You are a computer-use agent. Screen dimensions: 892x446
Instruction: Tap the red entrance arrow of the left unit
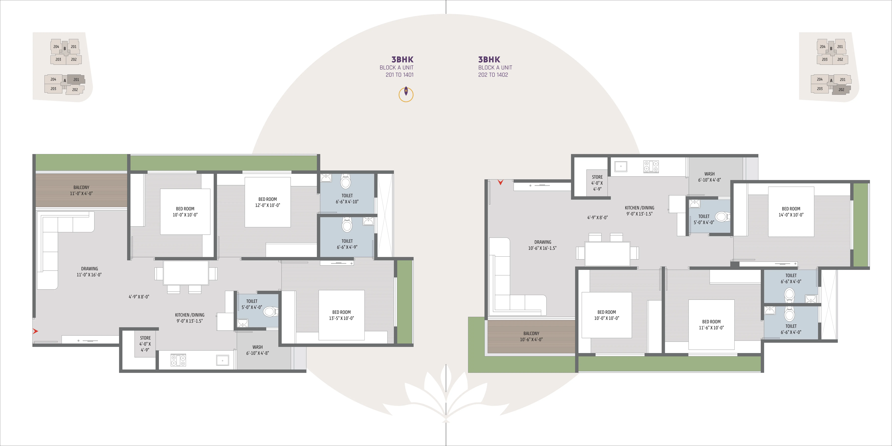[x=35, y=331]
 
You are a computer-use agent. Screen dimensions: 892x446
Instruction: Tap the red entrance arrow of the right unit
[x=500, y=182]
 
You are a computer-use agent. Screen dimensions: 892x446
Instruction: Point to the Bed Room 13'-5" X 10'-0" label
[x=341, y=315]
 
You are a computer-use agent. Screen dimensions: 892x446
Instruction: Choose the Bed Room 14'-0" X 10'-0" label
[x=791, y=212]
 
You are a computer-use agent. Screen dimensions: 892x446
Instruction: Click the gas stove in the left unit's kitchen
[x=178, y=360]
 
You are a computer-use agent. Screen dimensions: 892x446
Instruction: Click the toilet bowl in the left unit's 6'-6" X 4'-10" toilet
[x=346, y=181]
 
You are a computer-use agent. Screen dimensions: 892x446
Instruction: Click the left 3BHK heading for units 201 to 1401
[x=402, y=60]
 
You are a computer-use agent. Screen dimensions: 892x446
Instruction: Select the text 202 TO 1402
[x=493, y=75]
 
